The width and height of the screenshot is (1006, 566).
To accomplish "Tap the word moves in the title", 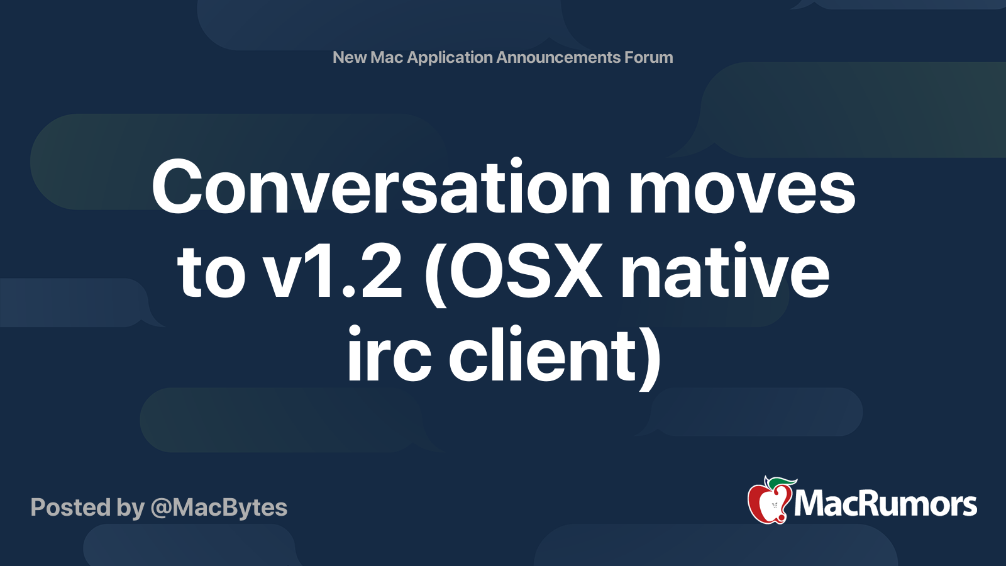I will pos(742,187).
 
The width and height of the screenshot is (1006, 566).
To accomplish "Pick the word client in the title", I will pos(544,355).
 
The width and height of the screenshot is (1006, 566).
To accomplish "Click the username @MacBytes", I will pos(219,508).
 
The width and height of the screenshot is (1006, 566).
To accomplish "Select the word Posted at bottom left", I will pos(70,508).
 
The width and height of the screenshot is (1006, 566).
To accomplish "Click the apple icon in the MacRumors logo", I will pos(769,503).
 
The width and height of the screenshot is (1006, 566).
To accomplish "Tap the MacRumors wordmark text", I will pos(885,504).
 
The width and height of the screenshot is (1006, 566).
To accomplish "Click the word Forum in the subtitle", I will pos(648,57).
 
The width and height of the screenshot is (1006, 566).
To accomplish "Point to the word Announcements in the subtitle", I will pos(558,57).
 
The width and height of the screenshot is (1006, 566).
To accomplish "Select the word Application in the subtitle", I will pos(450,58).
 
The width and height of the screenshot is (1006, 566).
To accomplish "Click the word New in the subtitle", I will pos(350,57).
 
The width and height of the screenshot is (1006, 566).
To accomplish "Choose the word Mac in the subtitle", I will pos(387,57).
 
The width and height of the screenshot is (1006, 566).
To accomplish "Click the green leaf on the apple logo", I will pos(781,483).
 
